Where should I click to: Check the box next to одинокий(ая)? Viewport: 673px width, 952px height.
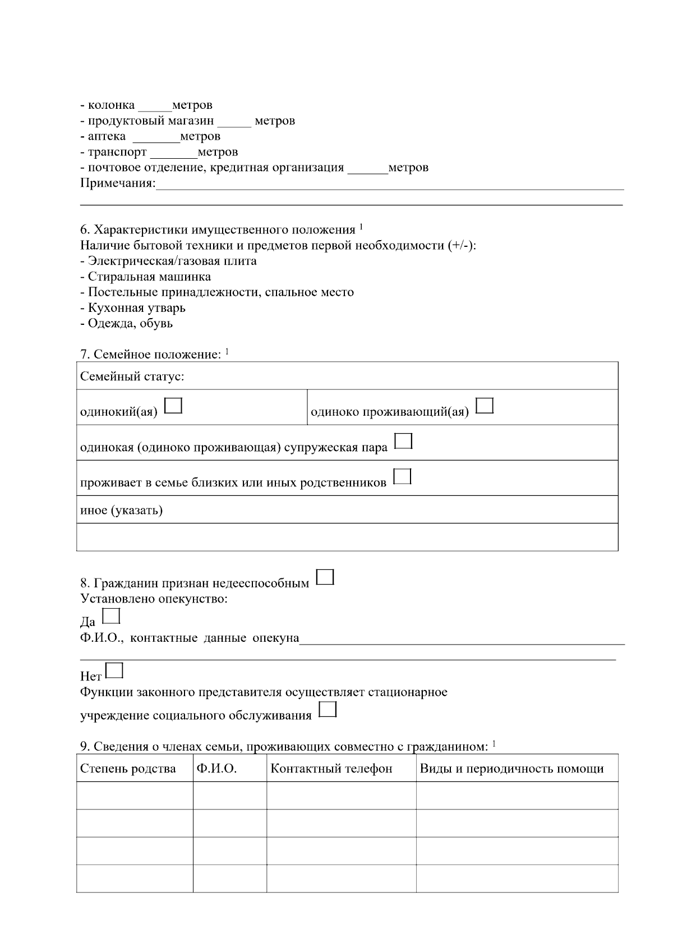tap(174, 406)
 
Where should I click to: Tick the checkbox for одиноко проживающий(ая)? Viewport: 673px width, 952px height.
tap(485, 406)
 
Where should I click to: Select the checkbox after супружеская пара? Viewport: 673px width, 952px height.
tap(404, 441)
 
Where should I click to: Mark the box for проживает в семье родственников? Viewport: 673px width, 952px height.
tap(403, 477)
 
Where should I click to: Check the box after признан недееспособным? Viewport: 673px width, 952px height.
tap(325, 577)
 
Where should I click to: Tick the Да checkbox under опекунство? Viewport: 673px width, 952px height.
tap(112, 616)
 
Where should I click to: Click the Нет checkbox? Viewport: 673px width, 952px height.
tap(114, 670)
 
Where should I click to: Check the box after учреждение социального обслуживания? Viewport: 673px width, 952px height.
tap(328, 710)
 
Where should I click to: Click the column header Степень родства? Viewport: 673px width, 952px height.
tap(128, 769)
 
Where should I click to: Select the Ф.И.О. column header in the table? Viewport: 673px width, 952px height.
tap(216, 769)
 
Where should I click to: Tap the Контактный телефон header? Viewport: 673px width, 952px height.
tap(331, 769)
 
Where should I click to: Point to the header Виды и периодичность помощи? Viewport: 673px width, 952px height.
tap(511, 769)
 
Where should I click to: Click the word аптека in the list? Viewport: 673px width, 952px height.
tap(107, 136)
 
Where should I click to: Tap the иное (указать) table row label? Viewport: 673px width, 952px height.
tap(121, 511)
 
